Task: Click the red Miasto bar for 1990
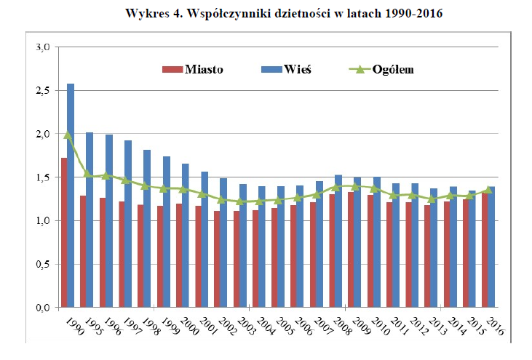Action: coord(64,232)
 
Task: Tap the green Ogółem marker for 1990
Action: coord(68,135)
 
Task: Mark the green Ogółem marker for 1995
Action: coord(87,174)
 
